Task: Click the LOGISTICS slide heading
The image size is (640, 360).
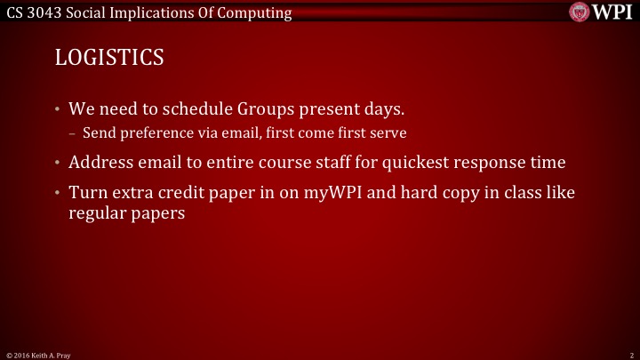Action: click(x=109, y=57)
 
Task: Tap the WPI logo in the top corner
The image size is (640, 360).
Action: click(x=601, y=13)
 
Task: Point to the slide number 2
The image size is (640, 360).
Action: click(x=628, y=354)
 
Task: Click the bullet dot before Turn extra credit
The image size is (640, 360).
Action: click(x=58, y=193)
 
